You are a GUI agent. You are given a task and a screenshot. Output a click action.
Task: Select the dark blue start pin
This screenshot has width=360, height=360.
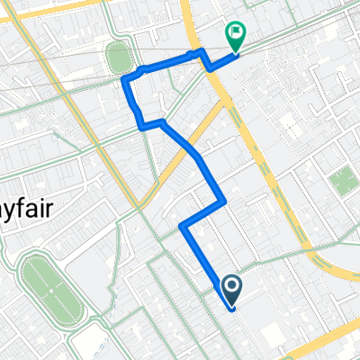[x=232, y=289]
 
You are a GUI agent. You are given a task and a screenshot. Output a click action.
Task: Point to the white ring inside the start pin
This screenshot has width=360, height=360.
[x=232, y=286]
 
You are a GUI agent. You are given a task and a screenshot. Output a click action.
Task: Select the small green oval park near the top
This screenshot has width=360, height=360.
[x=118, y=58]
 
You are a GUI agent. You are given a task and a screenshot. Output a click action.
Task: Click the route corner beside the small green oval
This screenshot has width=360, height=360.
[x=125, y=80]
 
